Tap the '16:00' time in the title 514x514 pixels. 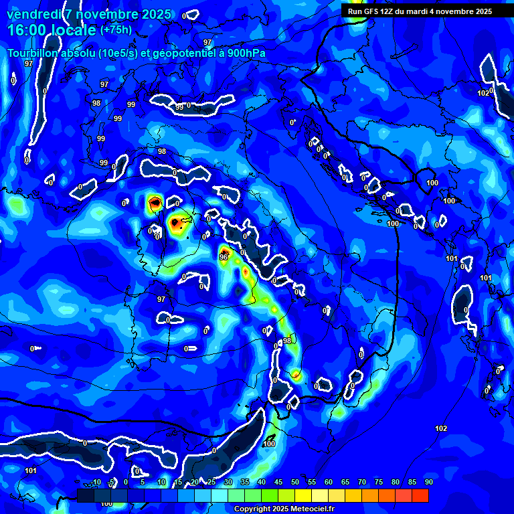27,29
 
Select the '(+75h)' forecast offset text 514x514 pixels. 116,29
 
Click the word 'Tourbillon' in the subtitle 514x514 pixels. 33,54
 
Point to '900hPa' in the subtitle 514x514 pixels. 245,54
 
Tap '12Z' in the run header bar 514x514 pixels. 386,11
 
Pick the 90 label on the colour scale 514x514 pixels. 428,482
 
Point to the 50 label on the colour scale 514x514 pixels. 294,482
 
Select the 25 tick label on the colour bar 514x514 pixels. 211,482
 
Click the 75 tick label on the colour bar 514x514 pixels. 378,482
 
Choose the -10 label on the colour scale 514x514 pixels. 96,482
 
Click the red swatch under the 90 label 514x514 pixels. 420,495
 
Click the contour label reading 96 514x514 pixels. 224,256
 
